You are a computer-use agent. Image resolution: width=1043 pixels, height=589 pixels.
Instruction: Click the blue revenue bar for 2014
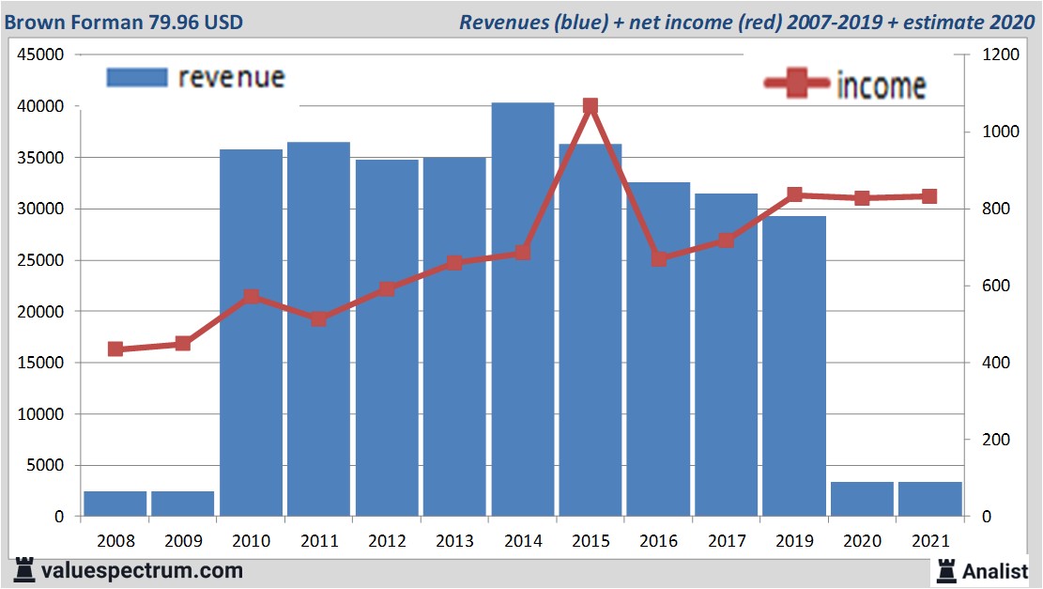(523, 310)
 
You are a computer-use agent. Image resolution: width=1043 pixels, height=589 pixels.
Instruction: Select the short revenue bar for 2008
(115, 504)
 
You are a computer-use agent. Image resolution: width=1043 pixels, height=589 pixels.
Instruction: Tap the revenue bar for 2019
(794, 366)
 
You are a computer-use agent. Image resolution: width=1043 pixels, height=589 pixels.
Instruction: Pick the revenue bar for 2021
(929, 499)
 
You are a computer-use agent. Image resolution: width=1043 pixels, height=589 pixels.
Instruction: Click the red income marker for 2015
(591, 107)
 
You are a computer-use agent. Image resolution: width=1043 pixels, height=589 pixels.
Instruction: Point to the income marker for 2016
(659, 258)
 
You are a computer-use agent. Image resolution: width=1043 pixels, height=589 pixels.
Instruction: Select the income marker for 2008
(115, 349)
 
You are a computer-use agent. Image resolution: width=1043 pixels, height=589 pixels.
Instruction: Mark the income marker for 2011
(319, 318)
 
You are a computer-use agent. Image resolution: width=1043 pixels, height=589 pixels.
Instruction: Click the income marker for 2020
(862, 198)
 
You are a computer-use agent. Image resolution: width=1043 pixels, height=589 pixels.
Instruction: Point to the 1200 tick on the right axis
(1000, 55)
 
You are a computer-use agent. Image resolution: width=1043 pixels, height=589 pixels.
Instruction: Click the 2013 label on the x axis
(454, 542)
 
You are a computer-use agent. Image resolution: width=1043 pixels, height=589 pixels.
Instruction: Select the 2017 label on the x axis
(727, 542)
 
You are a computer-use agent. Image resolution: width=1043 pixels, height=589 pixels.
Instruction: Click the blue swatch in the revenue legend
(137, 77)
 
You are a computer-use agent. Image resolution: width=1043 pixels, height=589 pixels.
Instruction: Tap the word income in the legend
(880, 85)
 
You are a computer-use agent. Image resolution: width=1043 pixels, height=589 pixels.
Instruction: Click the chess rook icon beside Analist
(946, 569)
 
